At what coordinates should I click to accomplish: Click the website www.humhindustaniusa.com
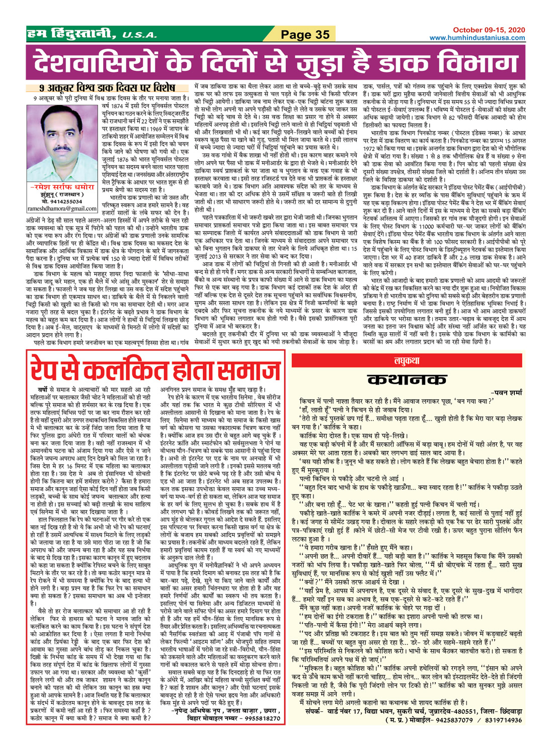[477, 38]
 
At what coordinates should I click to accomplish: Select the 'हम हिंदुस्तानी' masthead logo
[72, 34]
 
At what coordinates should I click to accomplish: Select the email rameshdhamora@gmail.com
[61, 208]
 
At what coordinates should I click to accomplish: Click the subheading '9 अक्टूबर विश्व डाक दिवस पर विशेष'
[100, 89]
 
